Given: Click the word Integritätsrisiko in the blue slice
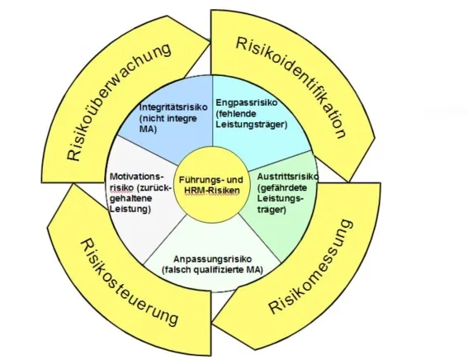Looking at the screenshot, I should [x=170, y=107].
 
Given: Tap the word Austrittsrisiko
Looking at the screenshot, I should [x=283, y=178].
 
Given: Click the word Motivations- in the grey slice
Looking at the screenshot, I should [x=136, y=177].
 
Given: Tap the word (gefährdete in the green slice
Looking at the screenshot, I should [x=283, y=188].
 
